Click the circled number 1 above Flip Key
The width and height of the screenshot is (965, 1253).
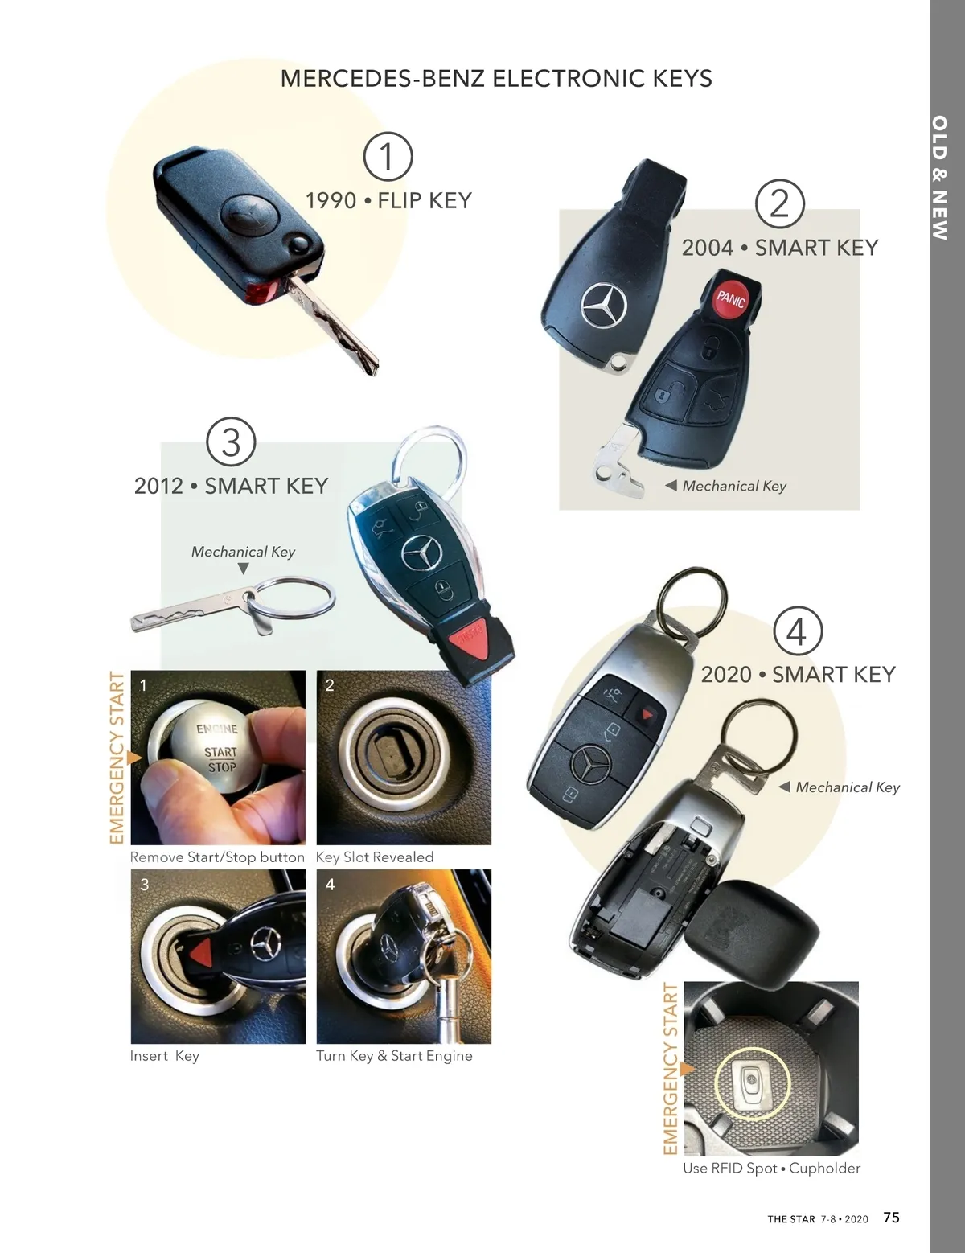388,156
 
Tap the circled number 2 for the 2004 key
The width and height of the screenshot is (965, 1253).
779,203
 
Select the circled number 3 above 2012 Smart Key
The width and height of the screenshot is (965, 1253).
231,442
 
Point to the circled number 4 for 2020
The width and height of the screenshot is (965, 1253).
797,631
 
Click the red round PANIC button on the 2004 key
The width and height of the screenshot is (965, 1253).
731,298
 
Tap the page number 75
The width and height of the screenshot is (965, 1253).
891,1217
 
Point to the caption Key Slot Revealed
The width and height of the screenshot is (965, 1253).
374,857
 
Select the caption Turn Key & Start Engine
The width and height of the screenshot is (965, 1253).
394,1055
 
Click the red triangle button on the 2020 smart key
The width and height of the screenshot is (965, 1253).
647,715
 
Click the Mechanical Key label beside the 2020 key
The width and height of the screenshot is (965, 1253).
848,787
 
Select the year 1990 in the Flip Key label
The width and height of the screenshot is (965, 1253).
331,201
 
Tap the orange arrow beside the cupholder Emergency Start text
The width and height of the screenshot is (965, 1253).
687,1069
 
